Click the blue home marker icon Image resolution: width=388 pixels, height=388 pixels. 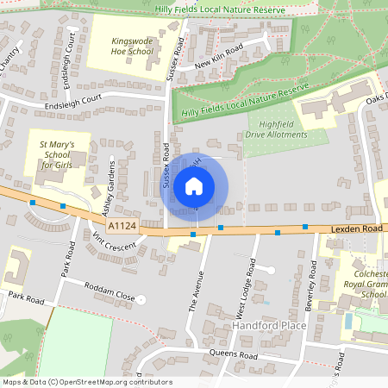click(194, 186)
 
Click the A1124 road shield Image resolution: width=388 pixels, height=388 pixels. click(122, 226)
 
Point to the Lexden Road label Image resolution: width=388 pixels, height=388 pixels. click(354, 228)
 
